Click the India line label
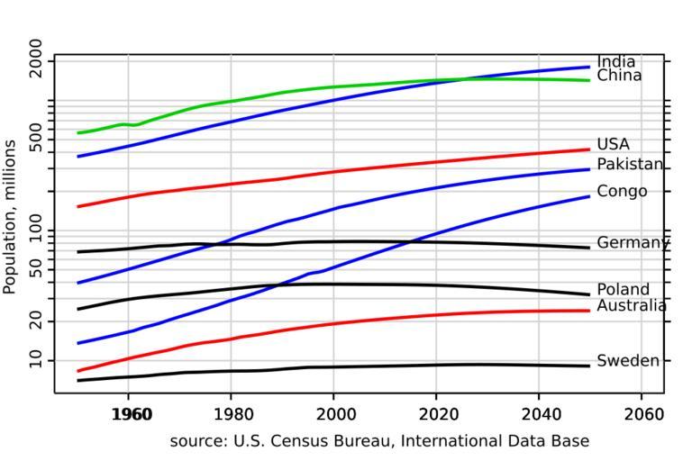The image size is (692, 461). pyautogui.click(x=615, y=62)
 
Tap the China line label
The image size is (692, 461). pyautogui.click(x=619, y=76)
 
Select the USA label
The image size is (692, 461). pyautogui.click(x=613, y=144)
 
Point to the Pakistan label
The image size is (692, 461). pyautogui.click(x=630, y=164)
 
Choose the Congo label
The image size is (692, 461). pyautogui.click(x=622, y=191)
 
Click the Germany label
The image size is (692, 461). pyautogui.click(x=633, y=242)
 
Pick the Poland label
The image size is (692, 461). pyautogui.click(x=623, y=289)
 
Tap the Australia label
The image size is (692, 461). pyautogui.click(x=632, y=306)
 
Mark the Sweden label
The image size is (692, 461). pyautogui.click(x=627, y=361)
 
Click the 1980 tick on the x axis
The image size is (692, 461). pyautogui.click(x=231, y=415)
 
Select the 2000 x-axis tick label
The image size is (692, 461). pyautogui.click(x=333, y=415)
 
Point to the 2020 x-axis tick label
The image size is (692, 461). pyautogui.click(x=436, y=415)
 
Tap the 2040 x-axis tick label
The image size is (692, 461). pyautogui.click(x=539, y=415)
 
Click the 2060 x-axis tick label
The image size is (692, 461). pyautogui.click(x=642, y=415)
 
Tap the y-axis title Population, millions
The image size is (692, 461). pyautogui.click(x=11, y=216)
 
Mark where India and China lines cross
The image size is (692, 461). pyautogui.click(x=468, y=79)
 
